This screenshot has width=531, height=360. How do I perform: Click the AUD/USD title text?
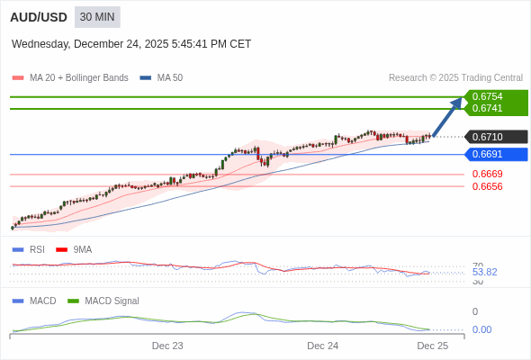[38, 17]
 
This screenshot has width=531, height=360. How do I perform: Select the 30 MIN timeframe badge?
[97, 17]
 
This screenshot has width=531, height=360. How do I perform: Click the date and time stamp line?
[131, 44]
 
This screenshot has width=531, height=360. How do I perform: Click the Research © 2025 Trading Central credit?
[455, 78]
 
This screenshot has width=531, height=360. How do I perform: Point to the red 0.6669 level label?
[487, 174]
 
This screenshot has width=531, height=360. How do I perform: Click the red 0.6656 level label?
[487, 186]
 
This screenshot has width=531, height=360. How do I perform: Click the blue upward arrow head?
[456, 103]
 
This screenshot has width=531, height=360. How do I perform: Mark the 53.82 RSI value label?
[484, 272]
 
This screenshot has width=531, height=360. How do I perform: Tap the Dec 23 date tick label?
[167, 346]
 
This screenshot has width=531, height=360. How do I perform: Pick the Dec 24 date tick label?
[322, 346]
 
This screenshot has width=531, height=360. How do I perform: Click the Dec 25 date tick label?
[432, 346]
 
